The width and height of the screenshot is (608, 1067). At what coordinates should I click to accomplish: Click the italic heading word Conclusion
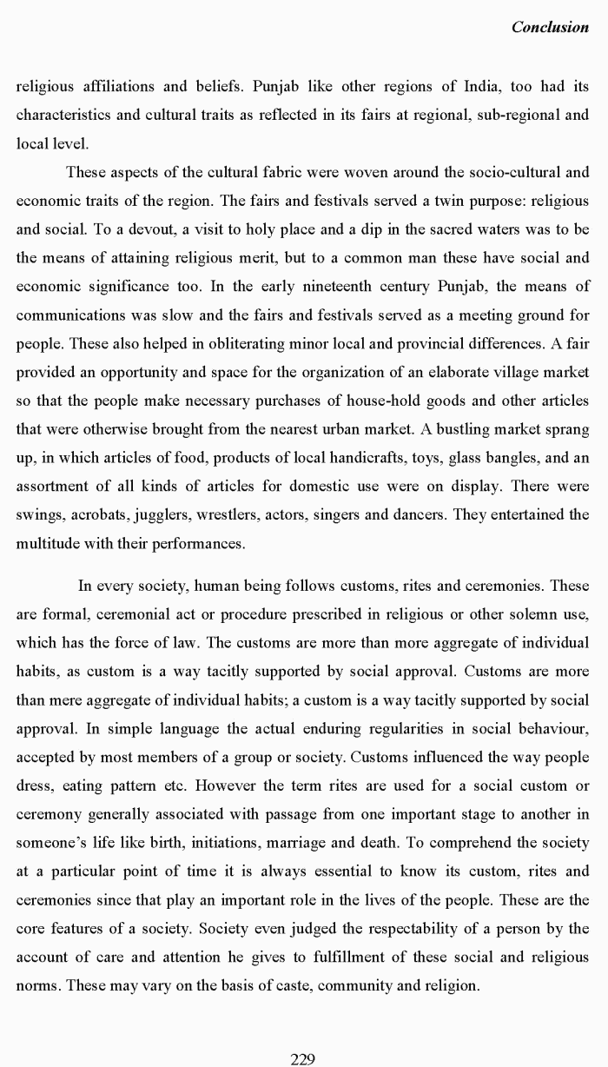point(550,27)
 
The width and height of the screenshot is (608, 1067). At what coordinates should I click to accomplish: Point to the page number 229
point(302,1058)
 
